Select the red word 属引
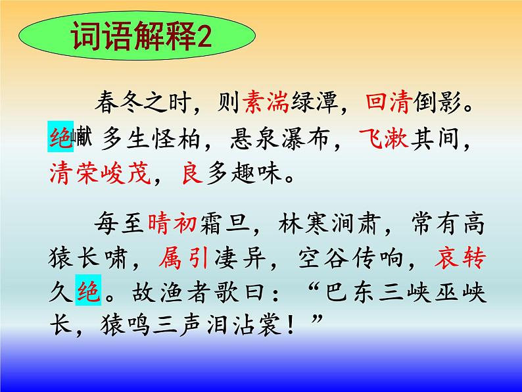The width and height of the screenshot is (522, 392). pos(184,258)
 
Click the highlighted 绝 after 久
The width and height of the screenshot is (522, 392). pos(90,293)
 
